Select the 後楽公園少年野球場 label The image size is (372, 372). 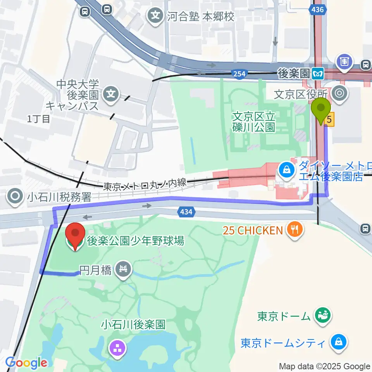[x=135, y=241]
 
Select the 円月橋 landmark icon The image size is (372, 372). [x=124, y=269]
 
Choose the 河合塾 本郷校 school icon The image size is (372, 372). [x=155, y=16]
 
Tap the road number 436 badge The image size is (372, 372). [x=318, y=11]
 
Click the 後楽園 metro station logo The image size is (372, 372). [x=318, y=72]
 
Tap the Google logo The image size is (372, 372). [x=26, y=363]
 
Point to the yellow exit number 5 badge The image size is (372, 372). [x=329, y=120]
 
